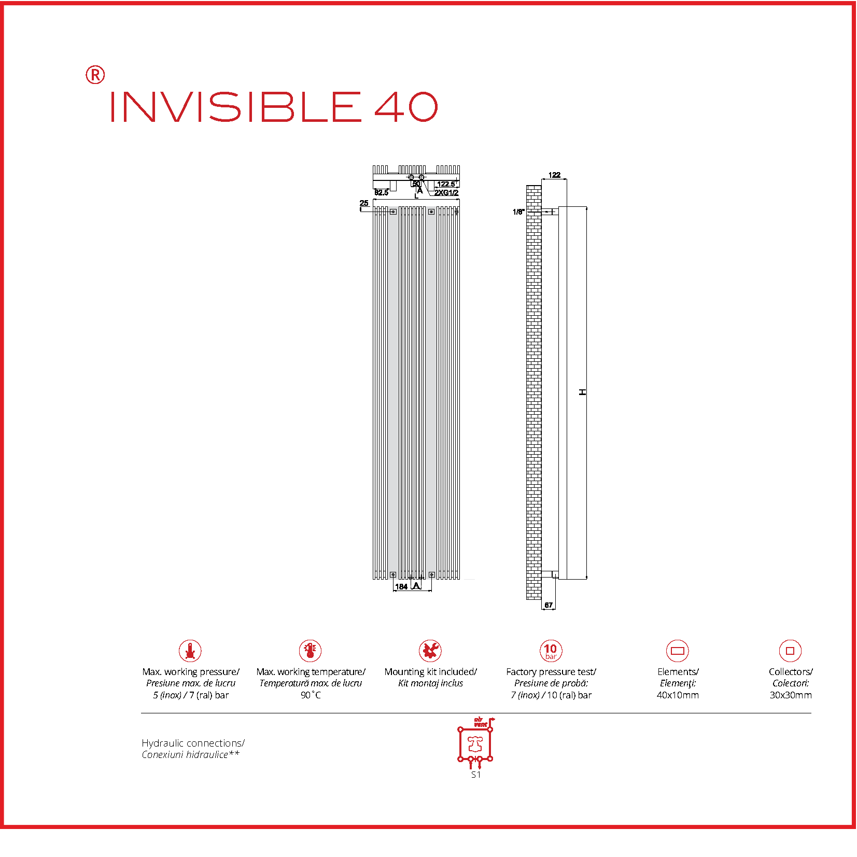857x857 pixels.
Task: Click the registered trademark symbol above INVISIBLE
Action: [x=95, y=75]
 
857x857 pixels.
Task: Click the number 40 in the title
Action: [x=406, y=107]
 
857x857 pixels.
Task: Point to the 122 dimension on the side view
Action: [x=554, y=175]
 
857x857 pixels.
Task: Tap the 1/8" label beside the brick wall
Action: [x=518, y=212]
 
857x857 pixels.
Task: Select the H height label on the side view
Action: [x=583, y=392]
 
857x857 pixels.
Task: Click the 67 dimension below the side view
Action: [x=549, y=605]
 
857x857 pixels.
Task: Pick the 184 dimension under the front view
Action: [x=401, y=587]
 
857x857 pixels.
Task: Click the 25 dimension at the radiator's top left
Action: [x=364, y=203]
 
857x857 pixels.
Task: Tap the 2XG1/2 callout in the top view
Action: [x=446, y=193]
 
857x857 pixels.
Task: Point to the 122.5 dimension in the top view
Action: [x=446, y=184]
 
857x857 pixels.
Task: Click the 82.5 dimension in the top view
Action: [x=381, y=193]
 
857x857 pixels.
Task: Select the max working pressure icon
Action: [x=190, y=651]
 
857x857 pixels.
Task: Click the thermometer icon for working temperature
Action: [x=310, y=651]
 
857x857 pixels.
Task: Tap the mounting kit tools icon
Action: [x=430, y=651]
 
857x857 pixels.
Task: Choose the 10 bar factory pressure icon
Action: [x=551, y=651]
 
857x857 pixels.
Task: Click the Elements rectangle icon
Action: [x=677, y=651]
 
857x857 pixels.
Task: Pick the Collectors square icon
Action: [x=790, y=651]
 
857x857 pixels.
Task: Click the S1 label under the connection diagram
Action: [x=476, y=775]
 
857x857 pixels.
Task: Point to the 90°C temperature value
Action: [x=311, y=695]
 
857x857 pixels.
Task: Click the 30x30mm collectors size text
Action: [x=791, y=695]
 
